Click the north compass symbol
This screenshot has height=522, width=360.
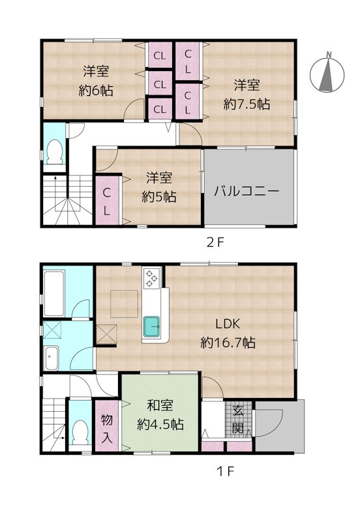click(x=328, y=73)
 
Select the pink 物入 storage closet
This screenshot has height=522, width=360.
click(x=107, y=426)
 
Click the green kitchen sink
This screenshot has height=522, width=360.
click(x=153, y=324)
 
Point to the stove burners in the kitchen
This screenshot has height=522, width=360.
click(x=151, y=279)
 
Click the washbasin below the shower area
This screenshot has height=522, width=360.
click(x=52, y=356)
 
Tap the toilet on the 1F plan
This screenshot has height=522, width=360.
click(x=80, y=431)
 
